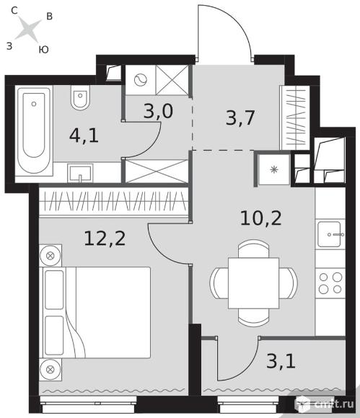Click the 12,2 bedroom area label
[x=105, y=238]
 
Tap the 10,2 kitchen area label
[x=260, y=218]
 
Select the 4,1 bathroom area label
[x=84, y=135]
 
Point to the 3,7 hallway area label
[x=240, y=117]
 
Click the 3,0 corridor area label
[x=158, y=111]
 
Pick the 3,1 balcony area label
[x=281, y=361]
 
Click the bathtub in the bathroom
[x=34, y=130]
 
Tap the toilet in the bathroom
[x=80, y=97]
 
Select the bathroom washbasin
[x=80, y=173]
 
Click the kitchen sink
[x=330, y=234]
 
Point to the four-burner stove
[x=330, y=283]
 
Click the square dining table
[x=253, y=283]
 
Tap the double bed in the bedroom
[x=95, y=313]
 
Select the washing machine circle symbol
[x=141, y=80]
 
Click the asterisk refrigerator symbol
[x=274, y=169]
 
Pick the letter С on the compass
[x=14, y=11]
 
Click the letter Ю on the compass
[x=43, y=50]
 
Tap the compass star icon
[x=28, y=29]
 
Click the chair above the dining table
[x=253, y=249]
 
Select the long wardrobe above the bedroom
[x=114, y=201]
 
